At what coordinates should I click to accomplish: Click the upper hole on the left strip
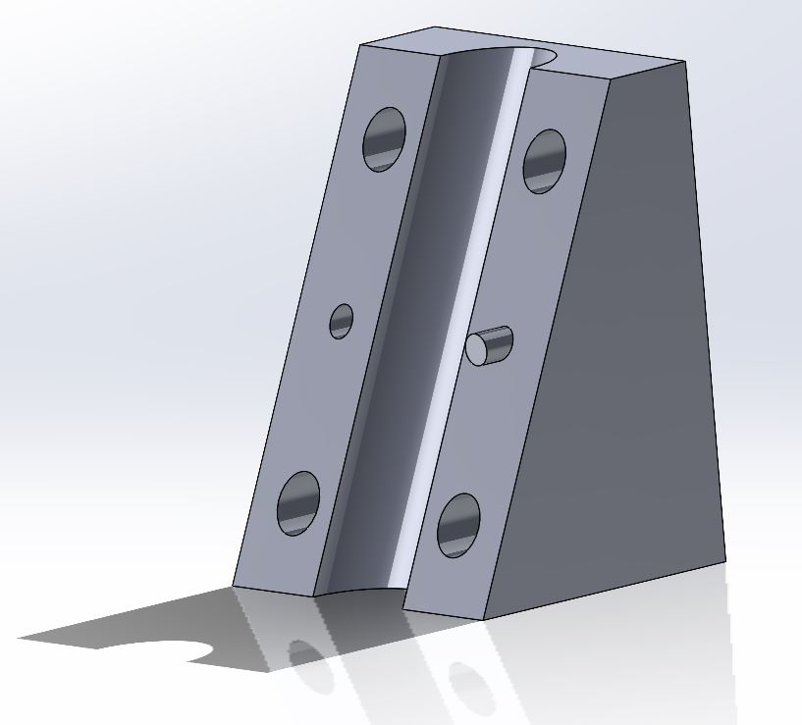385,138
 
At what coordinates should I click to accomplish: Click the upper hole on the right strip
544,161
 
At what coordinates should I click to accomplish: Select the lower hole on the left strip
298,503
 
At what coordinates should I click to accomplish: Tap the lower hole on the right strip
458,525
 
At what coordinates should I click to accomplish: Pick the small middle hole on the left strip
341,321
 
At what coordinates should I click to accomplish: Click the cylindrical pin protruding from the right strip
490,345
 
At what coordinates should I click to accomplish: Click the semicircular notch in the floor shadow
191,651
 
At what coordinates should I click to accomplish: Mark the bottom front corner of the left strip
233,586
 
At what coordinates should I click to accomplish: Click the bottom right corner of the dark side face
725,562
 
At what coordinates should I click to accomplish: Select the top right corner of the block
685,62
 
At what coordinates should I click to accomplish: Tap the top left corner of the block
360,45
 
